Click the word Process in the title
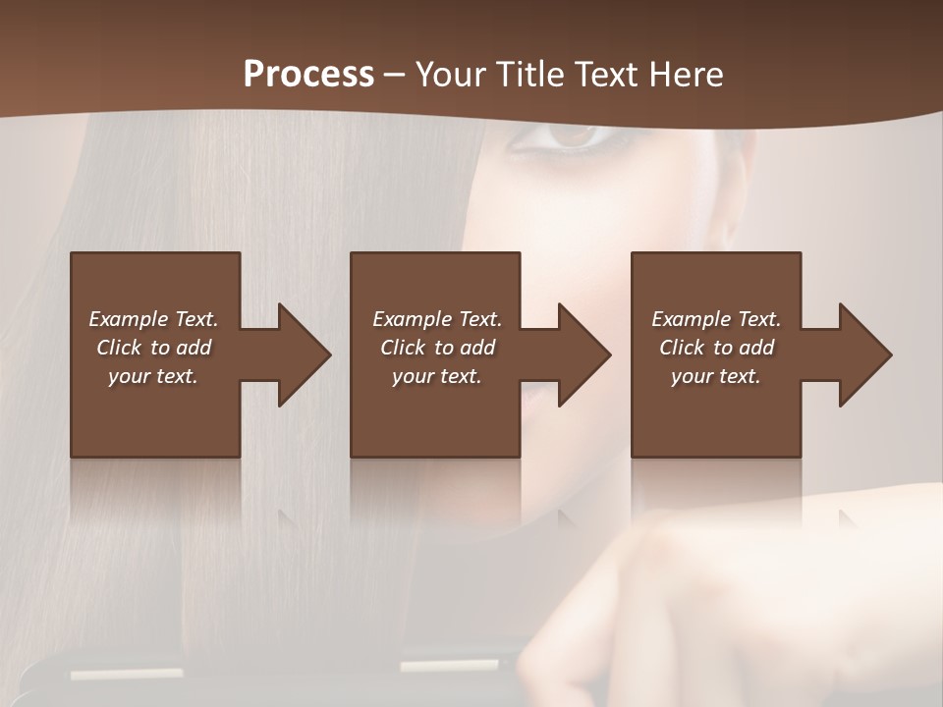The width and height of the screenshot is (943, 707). [308, 75]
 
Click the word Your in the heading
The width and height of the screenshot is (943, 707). [450, 75]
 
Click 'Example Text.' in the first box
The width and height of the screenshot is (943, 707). [153, 319]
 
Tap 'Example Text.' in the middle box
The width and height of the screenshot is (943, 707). [437, 319]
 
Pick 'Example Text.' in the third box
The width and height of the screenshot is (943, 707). [716, 319]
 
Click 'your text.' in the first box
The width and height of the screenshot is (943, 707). [153, 376]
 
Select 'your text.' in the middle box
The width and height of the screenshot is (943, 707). [437, 376]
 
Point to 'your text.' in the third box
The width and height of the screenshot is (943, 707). [716, 376]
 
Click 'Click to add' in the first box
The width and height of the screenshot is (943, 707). [153, 348]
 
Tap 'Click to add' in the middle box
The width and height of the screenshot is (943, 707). [437, 348]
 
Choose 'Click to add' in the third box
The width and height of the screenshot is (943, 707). [716, 348]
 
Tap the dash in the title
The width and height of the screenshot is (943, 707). [394, 76]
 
